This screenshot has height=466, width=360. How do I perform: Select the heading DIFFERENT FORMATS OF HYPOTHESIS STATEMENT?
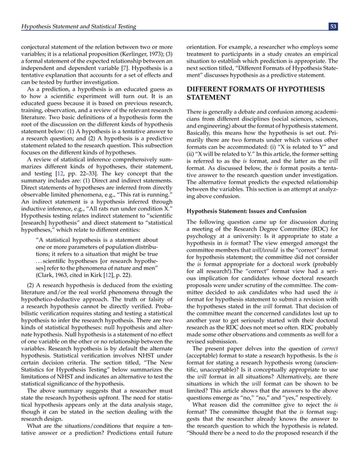tap(254, 93)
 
